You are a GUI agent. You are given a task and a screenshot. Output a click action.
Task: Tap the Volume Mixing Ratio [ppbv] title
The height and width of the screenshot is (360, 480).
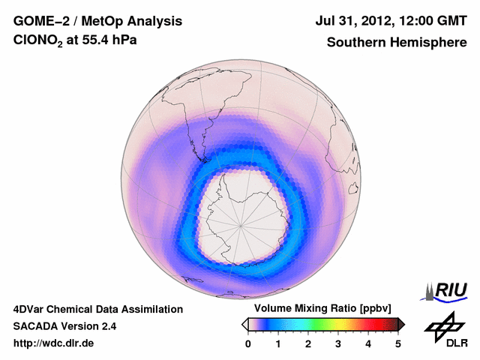(322, 309)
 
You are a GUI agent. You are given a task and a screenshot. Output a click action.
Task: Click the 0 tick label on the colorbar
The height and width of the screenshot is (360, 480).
(248, 343)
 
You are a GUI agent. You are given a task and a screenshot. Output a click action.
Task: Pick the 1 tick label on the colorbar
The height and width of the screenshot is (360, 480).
(278, 343)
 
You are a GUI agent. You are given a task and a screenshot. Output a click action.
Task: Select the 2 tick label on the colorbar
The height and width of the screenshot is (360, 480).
(308, 343)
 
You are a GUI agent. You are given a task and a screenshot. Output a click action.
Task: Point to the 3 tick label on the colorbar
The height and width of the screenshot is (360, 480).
(338, 343)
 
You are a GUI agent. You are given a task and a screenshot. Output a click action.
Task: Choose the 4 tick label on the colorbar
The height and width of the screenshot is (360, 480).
(368, 343)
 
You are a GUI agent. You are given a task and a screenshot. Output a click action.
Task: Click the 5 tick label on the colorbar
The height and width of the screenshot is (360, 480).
(398, 343)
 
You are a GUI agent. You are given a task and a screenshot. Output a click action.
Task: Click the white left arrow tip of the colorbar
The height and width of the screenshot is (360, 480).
(244, 324)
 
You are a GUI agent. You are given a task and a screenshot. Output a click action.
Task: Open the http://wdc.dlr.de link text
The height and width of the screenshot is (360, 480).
(54, 343)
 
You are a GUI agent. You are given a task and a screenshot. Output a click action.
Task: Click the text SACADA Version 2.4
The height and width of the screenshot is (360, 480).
(64, 326)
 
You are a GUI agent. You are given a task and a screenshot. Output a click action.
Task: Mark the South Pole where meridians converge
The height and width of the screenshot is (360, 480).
(241, 225)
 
